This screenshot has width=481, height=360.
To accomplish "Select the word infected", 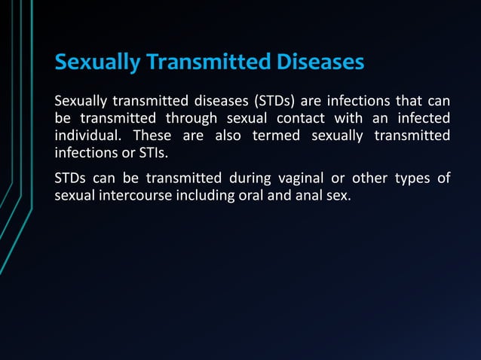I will tap(424, 119).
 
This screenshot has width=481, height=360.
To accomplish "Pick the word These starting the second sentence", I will tap(152, 136).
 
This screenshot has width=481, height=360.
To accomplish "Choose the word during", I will tap(250, 178).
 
